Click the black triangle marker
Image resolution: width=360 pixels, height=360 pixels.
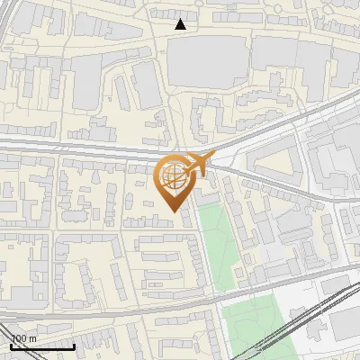tap(181, 24)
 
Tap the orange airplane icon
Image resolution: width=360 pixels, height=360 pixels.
tap(195, 164)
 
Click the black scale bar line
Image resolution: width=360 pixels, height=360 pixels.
tap(41, 346)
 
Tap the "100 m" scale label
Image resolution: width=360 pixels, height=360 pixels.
tap(23, 339)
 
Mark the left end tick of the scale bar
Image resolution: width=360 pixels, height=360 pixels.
tap(10, 345)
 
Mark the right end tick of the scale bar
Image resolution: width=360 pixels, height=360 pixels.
tap(74, 345)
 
